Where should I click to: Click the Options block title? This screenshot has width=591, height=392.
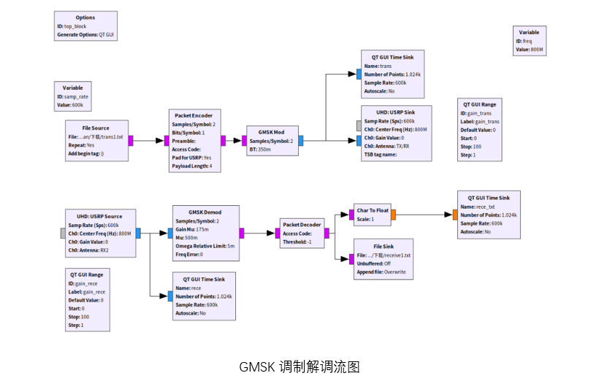(85, 18)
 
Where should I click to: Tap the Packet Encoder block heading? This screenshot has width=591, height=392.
(194, 115)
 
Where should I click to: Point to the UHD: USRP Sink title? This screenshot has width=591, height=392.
(396, 112)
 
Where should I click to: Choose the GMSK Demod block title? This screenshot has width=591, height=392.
(205, 211)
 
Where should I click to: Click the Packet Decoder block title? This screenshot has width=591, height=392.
(302, 225)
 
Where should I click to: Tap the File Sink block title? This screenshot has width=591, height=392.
(384, 246)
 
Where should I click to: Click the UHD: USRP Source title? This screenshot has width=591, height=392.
(99, 216)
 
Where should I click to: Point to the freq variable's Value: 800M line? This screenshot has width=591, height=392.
(530, 50)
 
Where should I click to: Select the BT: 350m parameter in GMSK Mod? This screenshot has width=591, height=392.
(259, 149)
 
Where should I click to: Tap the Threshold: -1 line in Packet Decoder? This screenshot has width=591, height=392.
(297, 242)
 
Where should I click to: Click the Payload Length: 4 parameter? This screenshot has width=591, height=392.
(191, 166)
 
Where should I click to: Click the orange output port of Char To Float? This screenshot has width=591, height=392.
(393, 215)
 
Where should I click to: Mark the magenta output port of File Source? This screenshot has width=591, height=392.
(131, 140)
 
